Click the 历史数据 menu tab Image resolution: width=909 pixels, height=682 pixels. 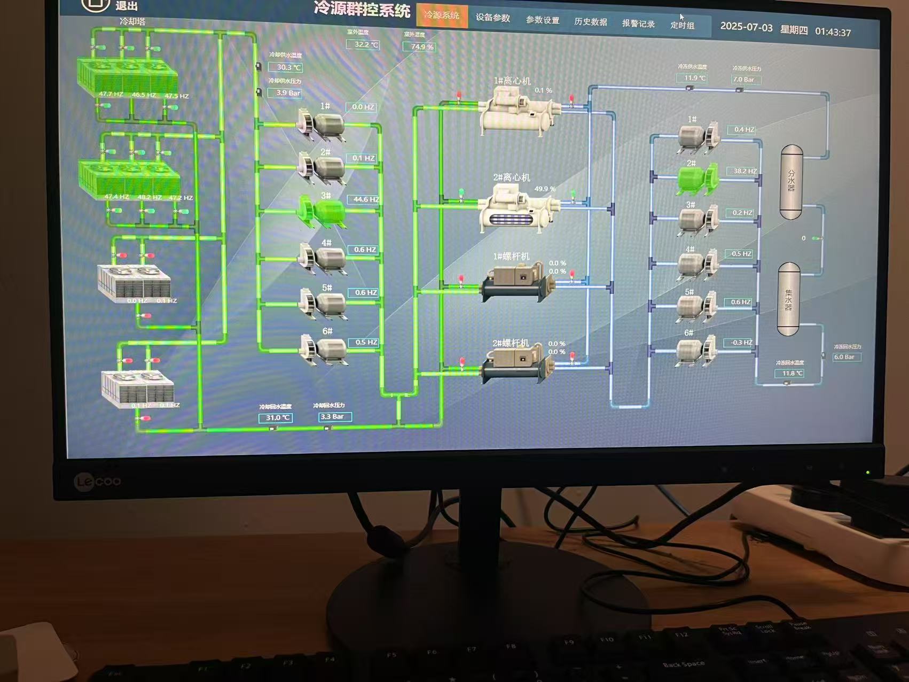tap(590, 22)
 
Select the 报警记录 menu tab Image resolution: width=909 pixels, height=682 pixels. tap(638, 24)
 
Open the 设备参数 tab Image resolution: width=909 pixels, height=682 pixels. tap(492, 18)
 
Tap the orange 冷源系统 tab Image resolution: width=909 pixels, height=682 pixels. tap(442, 15)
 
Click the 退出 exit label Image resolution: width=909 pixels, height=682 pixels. tap(127, 6)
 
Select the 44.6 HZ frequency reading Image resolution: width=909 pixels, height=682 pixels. tap(365, 199)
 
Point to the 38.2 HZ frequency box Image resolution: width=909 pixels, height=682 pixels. tap(745, 171)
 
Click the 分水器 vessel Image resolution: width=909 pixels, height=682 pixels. tap(792, 181)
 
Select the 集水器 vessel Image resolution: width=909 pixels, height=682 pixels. tap(788, 299)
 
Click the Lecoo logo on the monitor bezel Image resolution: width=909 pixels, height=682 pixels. tap(98, 482)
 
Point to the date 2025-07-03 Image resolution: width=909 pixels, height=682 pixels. tap(746, 27)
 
